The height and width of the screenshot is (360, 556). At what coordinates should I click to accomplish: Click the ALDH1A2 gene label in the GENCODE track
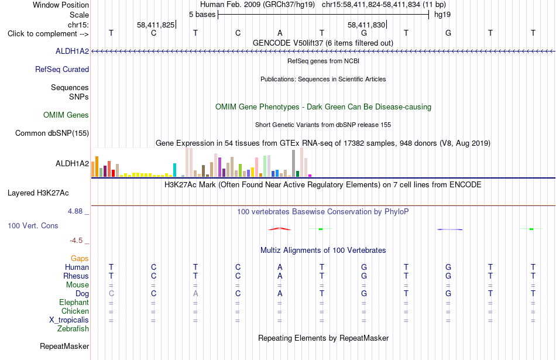click(72, 52)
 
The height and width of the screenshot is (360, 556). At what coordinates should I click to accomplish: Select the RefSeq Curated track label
click(62, 70)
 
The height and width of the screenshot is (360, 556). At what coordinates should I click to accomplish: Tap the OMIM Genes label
click(66, 115)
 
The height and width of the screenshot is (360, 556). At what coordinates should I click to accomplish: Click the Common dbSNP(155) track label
click(52, 133)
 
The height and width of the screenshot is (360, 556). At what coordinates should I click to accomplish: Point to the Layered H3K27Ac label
click(38, 193)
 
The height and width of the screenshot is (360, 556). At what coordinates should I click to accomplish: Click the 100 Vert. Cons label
click(33, 225)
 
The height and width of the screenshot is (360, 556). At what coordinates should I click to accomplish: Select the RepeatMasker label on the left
click(64, 346)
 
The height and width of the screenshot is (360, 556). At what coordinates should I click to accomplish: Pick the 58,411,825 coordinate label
click(156, 25)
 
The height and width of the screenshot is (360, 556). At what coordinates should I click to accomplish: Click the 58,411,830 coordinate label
click(366, 25)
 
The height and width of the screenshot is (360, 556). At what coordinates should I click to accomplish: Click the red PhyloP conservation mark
click(280, 229)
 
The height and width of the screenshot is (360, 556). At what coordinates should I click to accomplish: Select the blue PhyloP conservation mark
click(450, 229)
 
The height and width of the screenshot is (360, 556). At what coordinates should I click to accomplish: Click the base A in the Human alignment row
click(280, 267)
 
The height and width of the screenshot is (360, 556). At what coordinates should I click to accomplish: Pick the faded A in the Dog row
click(195, 294)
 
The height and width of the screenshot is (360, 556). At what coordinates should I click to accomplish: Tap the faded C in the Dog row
click(111, 294)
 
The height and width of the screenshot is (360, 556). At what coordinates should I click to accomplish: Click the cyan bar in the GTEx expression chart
click(174, 170)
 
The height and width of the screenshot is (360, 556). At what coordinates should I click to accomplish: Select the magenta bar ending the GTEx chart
click(310, 176)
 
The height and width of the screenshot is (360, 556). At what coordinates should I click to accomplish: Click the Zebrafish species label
click(73, 329)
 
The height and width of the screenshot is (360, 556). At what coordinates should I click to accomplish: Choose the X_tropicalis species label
click(69, 320)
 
